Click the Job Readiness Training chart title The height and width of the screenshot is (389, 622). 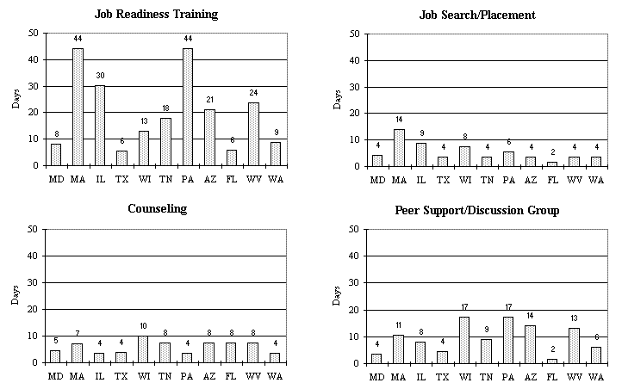[x=156, y=15]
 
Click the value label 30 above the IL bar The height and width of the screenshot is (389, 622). [x=100, y=77]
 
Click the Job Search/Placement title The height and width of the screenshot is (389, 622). [x=477, y=15]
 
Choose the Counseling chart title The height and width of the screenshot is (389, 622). [x=156, y=209]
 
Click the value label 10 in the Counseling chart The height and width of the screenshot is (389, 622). [x=144, y=326]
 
